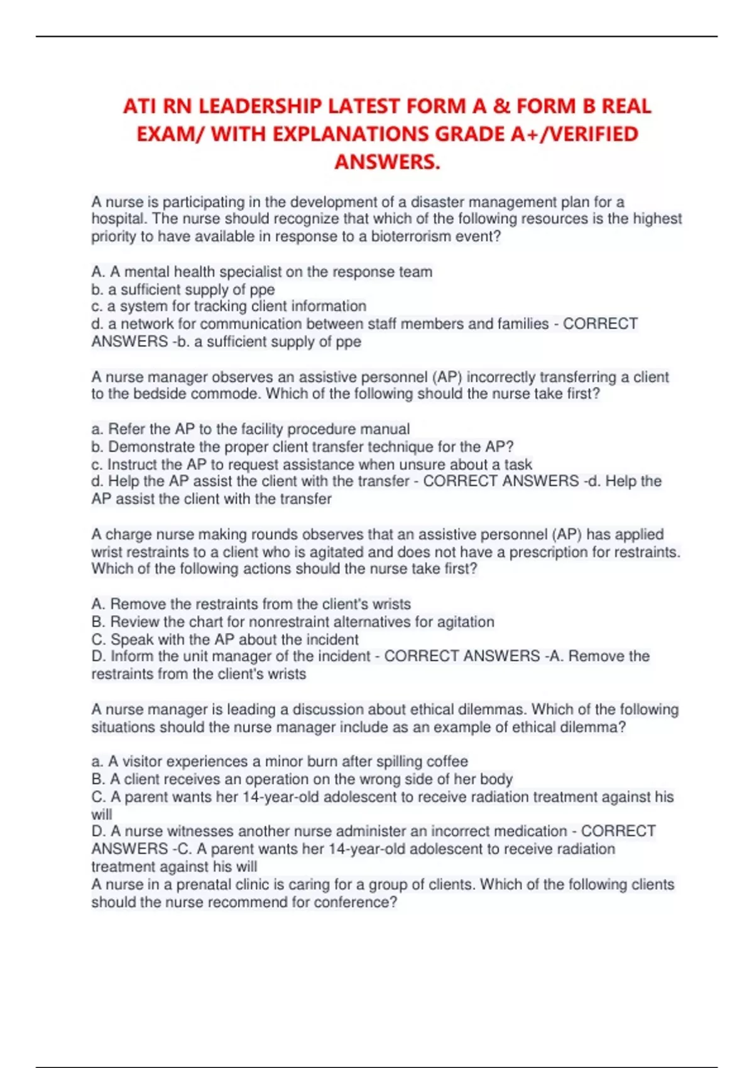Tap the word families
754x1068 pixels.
point(523,324)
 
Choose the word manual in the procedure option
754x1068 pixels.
point(386,429)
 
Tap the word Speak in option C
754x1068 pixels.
point(130,640)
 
